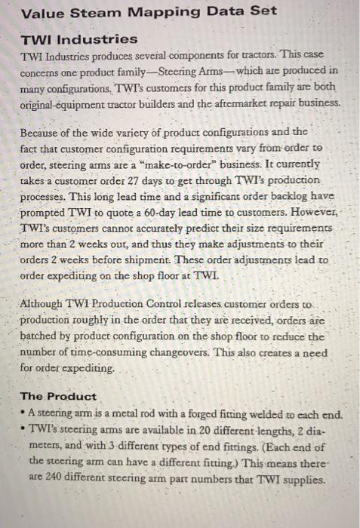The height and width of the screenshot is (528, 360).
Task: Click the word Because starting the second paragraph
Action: coord(45,133)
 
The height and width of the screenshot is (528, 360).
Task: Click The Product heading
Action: coord(58,395)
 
